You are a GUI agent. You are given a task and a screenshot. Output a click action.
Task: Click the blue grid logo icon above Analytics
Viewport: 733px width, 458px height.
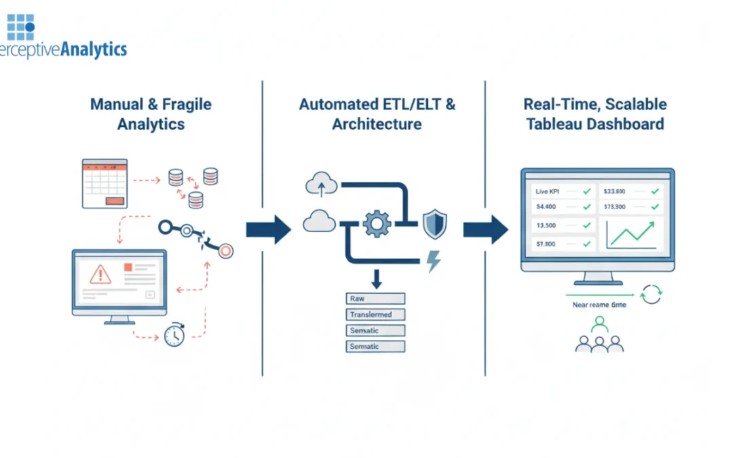(x=20, y=26)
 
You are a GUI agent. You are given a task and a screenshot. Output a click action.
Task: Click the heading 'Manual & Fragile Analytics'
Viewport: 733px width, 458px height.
(x=151, y=114)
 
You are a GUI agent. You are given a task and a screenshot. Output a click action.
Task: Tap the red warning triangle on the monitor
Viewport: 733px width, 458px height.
(x=100, y=274)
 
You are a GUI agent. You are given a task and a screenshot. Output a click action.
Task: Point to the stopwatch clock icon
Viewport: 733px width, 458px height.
(x=174, y=335)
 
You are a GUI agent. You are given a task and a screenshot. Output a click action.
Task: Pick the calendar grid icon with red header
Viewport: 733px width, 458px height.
(x=105, y=183)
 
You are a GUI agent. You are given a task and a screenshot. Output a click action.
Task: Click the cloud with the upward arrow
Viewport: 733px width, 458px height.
(x=321, y=183)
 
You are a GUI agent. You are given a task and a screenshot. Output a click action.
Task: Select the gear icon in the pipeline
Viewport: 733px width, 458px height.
(x=377, y=223)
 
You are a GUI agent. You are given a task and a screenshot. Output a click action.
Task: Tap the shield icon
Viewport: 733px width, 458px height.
(x=434, y=223)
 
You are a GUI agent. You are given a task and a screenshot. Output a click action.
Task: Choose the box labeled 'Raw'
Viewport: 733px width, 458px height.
(x=375, y=299)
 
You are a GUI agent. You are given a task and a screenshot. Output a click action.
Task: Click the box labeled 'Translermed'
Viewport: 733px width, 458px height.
(x=375, y=315)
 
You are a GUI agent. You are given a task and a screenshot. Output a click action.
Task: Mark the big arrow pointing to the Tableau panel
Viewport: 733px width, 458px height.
(x=485, y=230)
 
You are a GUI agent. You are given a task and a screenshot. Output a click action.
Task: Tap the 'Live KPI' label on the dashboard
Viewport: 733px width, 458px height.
(x=546, y=192)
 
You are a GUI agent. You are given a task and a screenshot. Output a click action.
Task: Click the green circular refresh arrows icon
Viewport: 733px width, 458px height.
(x=651, y=294)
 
